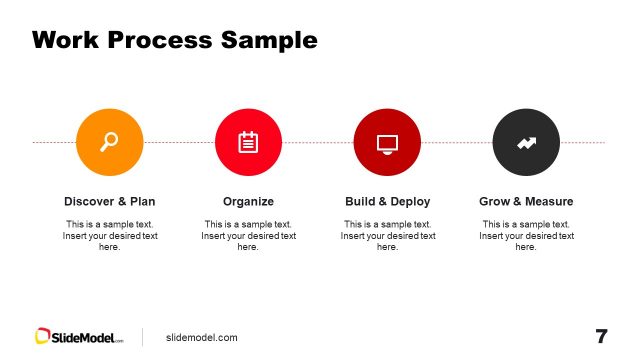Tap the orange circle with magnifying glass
tap(109, 142)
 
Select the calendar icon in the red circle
tap(248, 142)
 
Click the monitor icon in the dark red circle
tap(387, 142)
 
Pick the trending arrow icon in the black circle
tap(526, 142)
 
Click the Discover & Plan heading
tap(109, 201)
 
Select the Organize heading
tap(248, 201)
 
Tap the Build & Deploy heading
tap(387, 201)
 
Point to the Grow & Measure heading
tap(526, 201)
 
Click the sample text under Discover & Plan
tap(109, 235)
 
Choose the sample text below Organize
tap(248, 235)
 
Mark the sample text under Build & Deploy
tap(387, 235)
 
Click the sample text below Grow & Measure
tap(526, 235)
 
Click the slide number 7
tap(601, 336)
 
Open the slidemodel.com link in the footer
tap(202, 337)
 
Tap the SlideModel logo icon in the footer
tap(43, 337)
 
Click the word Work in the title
tap(65, 40)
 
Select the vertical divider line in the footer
tap(142, 337)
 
